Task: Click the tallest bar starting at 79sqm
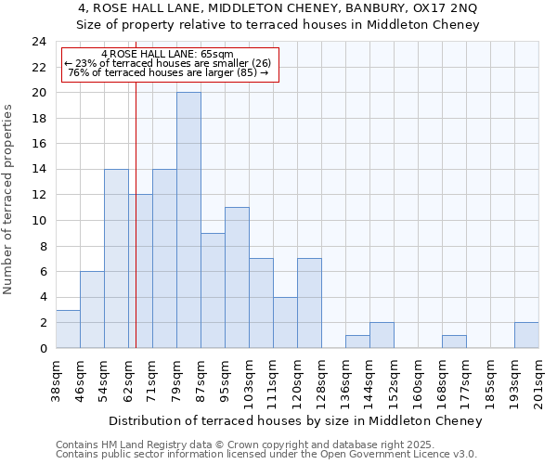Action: (188, 220)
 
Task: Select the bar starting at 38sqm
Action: (68, 329)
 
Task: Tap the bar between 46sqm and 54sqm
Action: (92, 310)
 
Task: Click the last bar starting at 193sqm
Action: (526, 335)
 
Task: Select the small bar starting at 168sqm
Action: (454, 342)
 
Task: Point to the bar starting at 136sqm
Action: (357, 342)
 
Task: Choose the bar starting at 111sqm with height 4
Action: (285, 322)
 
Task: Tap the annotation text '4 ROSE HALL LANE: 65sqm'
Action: (168, 55)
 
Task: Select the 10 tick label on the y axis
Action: (39, 221)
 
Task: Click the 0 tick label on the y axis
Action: (43, 348)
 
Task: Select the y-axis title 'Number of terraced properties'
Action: (9, 200)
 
